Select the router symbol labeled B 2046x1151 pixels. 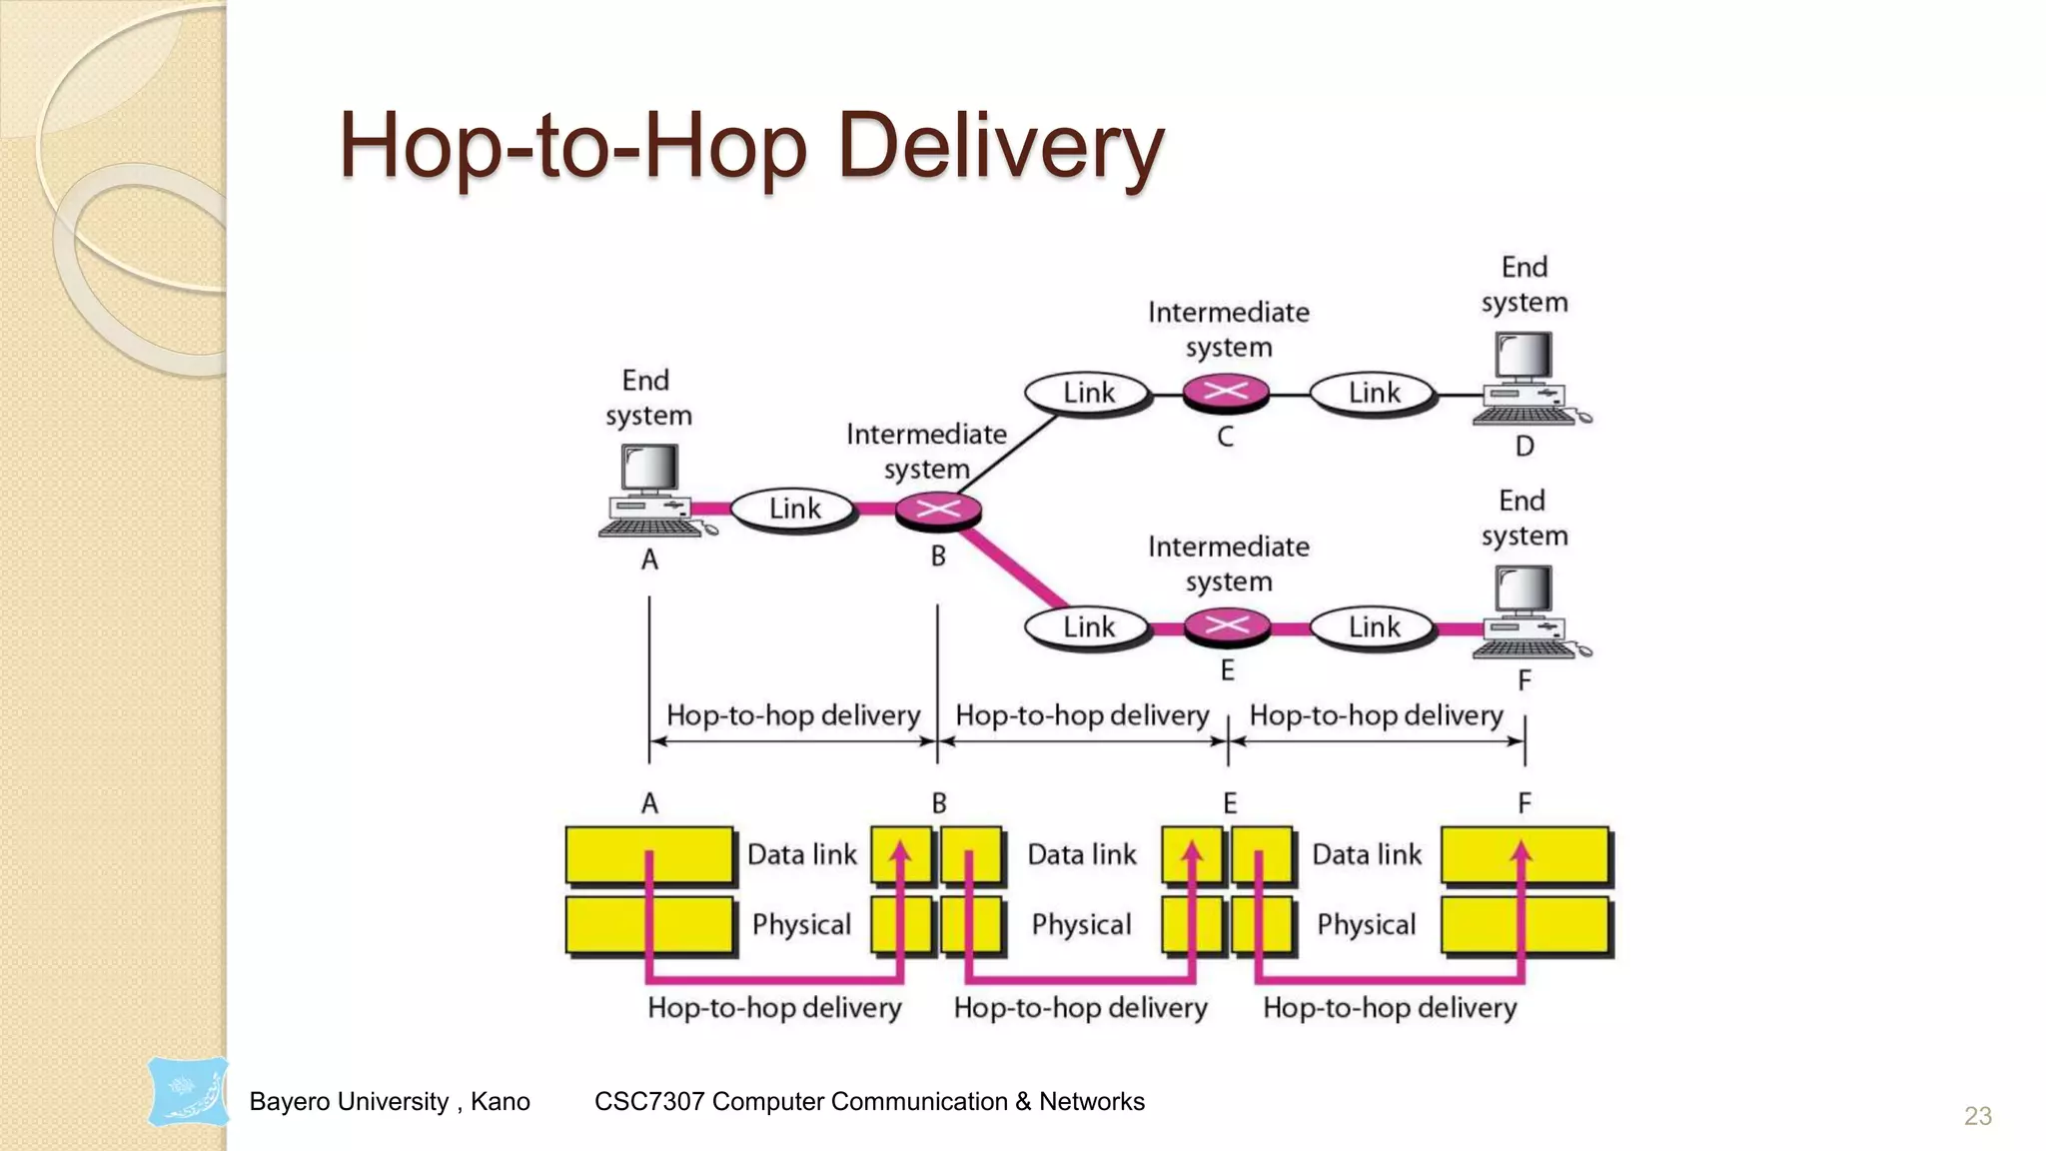938,510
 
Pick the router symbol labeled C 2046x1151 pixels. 1226,392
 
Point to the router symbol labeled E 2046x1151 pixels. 1227,626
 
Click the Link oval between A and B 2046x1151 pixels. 794,509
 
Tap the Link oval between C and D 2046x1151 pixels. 1374,393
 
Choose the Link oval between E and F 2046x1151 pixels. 1374,627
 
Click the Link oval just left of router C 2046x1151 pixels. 1088,393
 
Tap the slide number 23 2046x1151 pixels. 1977,1116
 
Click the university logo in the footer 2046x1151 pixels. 188,1092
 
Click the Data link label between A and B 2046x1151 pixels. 801,855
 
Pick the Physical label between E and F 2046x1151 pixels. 1366,925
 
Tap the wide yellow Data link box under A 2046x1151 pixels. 649,855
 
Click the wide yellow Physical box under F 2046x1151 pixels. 1526,925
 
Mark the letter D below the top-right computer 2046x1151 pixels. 1525,446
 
